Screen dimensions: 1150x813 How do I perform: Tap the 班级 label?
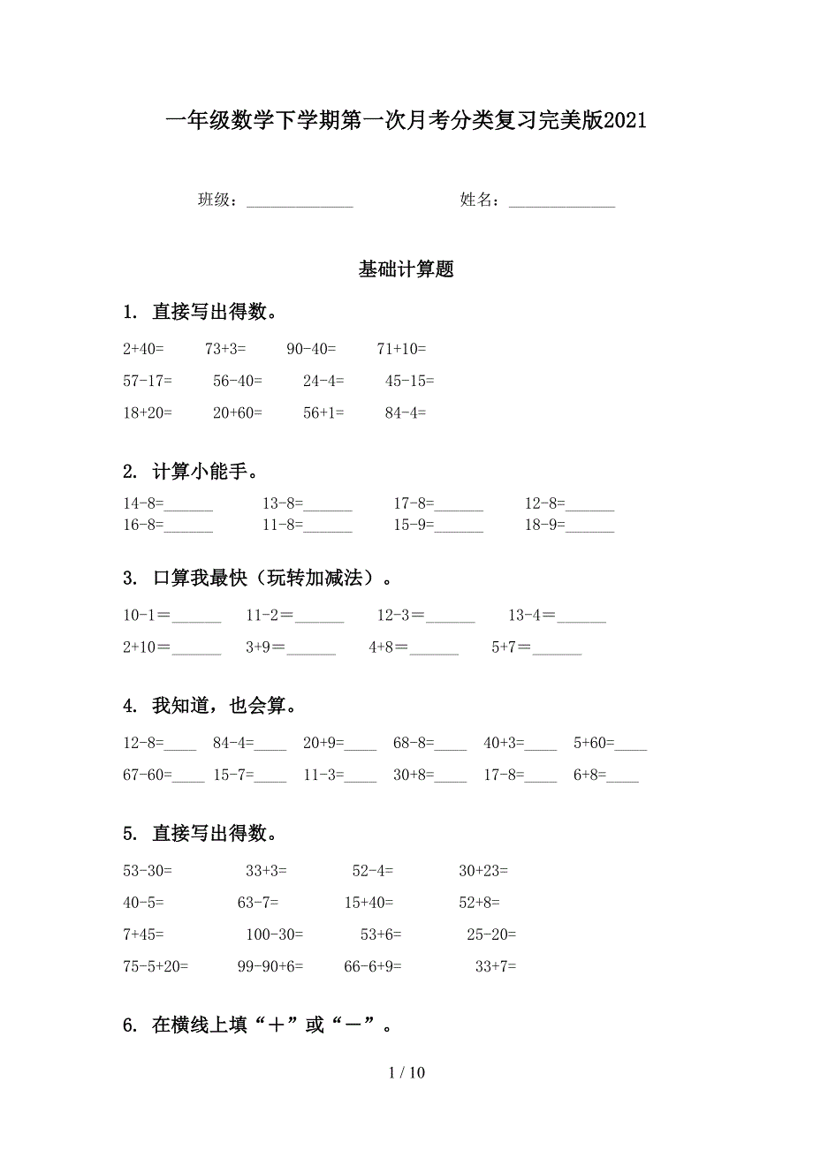pyautogui.click(x=215, y=200)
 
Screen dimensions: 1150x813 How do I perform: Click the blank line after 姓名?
pyautogui.click(x=562, y=202)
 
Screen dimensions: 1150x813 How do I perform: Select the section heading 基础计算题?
pyautogui.click(x=406, y=269)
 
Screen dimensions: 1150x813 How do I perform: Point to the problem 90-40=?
pyautogui.click(x=311, y=349)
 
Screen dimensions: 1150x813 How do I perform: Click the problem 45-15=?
pyautogui.click(x=409, y=381)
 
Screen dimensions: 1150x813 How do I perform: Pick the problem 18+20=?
pyautogui.click(x=148, y=412)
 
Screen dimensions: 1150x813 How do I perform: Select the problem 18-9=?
pyautogui.click(x=544, y=525)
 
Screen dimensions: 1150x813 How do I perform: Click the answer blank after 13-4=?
pyautogui.click(x=581, y=619)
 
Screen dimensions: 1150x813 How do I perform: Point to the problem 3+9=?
pyautogui.click(x=265, y=647)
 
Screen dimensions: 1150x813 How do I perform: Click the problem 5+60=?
pyautogui.click(x=594, y=744)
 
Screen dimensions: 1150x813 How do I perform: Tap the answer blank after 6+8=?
pyautogui.click(x=622, y=780)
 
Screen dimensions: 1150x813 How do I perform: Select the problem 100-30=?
pyautogui.click(x=274, y=934)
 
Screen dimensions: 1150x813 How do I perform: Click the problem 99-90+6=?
pyautogui.click(x=270, y=966)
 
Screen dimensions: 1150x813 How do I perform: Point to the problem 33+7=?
pyautogui.click(x=496, y=966)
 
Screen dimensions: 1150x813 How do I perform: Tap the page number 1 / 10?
pyautogui.click(x=406, y=1073)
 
